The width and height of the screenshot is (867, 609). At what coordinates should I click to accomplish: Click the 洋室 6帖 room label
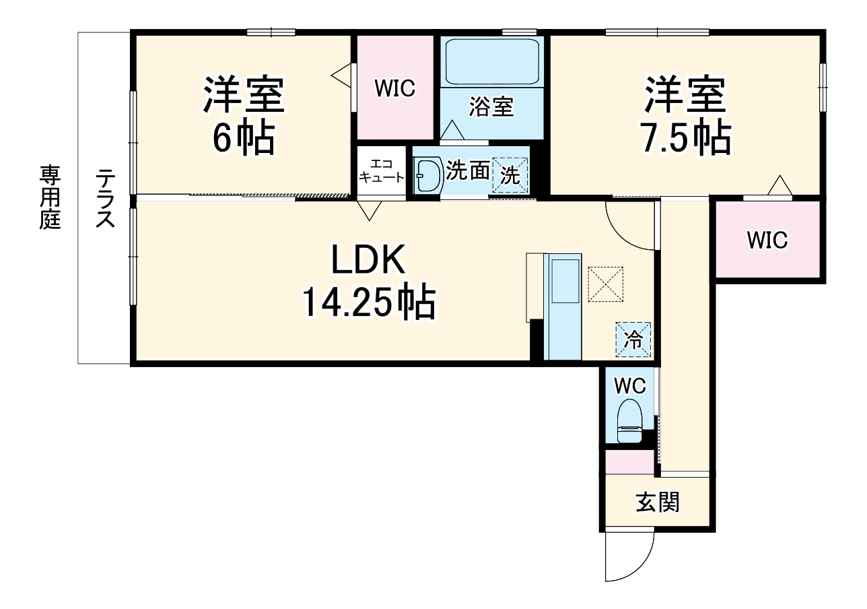[244, 116]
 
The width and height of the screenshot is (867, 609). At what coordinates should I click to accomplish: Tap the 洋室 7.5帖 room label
[686, 116]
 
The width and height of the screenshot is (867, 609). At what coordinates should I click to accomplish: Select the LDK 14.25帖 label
[368, 282]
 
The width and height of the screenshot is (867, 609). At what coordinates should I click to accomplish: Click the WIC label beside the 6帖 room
[395, 88]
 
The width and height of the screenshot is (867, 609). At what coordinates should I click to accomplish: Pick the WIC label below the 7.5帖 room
[767, 240]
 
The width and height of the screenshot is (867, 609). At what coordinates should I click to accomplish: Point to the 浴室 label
[491, 107]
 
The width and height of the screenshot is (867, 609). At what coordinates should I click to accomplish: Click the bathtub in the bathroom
[492, 62]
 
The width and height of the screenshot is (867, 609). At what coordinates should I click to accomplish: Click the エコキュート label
[381, 171]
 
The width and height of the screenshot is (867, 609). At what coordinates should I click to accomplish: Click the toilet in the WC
[629, 421]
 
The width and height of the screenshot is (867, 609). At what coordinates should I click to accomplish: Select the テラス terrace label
[104, 198]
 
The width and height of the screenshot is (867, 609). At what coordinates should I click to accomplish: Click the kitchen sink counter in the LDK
[562, 306]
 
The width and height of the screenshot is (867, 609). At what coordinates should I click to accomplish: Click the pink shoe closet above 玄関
[629, 461]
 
